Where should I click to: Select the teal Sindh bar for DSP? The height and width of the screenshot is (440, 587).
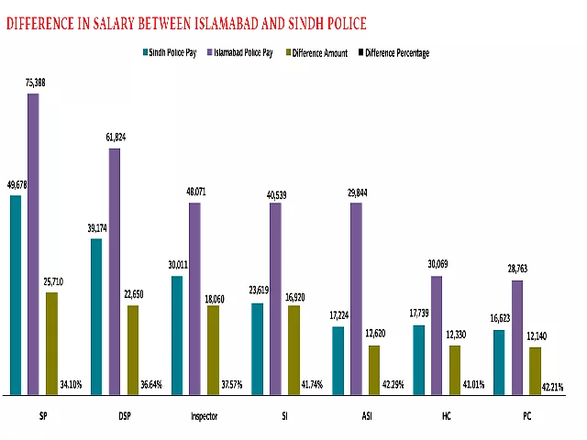pos(96,316)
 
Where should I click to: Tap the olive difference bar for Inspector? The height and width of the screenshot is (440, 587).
pos(213,349)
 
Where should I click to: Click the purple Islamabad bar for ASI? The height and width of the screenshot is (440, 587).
pos(356,298)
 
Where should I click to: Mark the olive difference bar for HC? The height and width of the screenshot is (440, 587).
pos(455,369)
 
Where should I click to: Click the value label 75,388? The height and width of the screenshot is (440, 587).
pos(36,82)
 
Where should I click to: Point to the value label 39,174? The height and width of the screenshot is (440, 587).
pos(96,228)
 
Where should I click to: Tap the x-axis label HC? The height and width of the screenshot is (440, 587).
pos(447,417)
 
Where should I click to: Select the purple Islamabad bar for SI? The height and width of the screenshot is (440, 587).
pos(275,298)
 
